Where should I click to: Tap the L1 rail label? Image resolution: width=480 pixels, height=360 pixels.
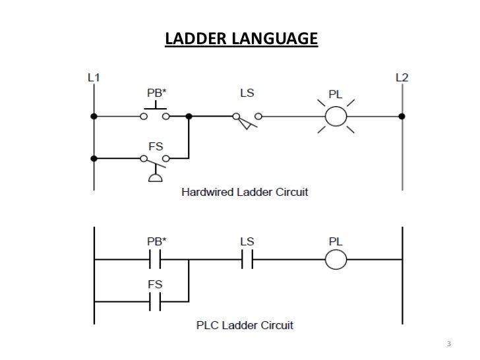coord(94,77)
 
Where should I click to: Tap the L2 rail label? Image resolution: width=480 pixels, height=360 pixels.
coord(402,77)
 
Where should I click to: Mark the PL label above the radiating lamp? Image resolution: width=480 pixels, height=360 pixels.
coord(336,94)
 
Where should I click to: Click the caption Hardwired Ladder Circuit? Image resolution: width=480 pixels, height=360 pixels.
coord(245,193)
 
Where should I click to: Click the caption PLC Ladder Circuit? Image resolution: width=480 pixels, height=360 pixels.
coord(245,325)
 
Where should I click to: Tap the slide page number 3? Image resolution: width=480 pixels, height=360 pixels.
coord(449,345)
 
